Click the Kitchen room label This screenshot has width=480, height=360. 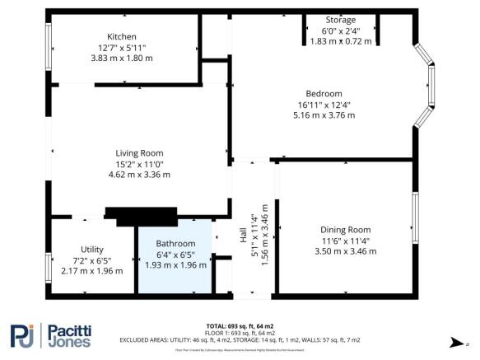(121, 36)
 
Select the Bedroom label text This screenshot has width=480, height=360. (323, 93)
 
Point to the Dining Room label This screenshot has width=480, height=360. (345, 230)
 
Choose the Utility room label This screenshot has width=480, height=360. (91, 249)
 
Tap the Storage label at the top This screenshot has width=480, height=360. (340, 20)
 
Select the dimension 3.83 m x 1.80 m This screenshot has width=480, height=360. (121, 58)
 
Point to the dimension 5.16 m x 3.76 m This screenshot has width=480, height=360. (324, 115)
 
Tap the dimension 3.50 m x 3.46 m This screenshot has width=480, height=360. (345, 251)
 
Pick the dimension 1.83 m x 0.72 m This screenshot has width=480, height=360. (340, 41)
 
